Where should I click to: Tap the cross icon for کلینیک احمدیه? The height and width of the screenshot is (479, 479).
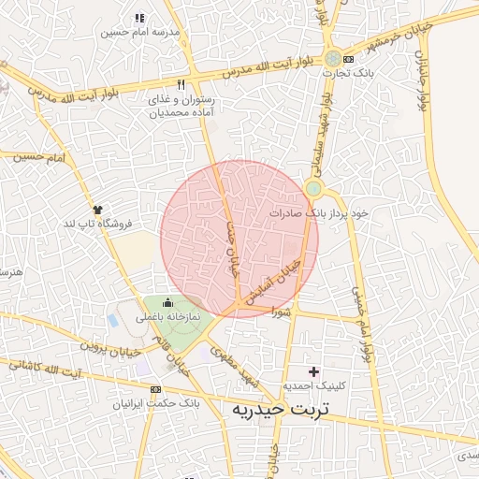pos(313,371)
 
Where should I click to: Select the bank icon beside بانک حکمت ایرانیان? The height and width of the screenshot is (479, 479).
pos(155,389)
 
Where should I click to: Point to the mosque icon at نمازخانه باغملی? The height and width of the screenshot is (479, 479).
pos(167,301)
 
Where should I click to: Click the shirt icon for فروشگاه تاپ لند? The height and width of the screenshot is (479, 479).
pos(96,209)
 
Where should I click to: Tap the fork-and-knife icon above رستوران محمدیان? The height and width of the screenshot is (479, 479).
pos(181,83)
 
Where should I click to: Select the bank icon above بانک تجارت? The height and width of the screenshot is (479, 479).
pos(349,57)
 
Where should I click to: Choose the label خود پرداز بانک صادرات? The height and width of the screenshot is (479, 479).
pos(319,213)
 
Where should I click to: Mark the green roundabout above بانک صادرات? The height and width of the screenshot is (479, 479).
pos(313,189)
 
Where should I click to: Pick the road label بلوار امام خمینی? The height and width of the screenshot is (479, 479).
pos(360,324)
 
